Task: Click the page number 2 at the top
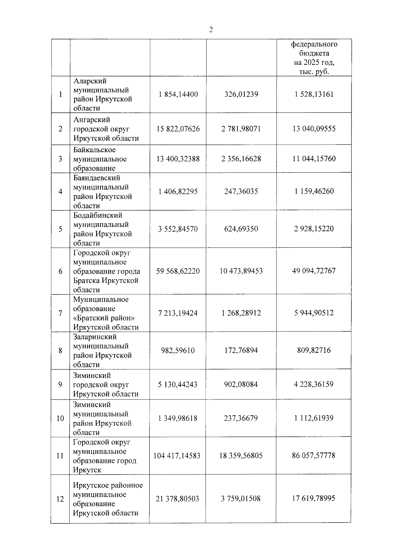coord(211,30)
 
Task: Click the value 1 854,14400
coord(178,94)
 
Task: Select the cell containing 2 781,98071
coord(241,129)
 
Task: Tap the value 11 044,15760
coord(314,159)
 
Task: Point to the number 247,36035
coord(241,191)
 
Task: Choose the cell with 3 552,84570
coord(178,229)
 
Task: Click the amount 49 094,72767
coord(314,271)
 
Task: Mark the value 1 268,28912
coord(241,313)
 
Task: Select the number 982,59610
coord(178,351)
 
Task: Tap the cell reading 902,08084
coord(241,384)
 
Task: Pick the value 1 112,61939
coord(314,418)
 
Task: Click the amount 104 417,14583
coord(177,456)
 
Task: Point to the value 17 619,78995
coord(314,498)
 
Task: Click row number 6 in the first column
coord(60,271)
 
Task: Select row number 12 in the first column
coord(60,499)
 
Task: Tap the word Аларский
coord(90,81)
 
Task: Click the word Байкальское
coord(95,150)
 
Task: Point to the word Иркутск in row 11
coord(87,470)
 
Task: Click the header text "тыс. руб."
coord(314,72)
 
